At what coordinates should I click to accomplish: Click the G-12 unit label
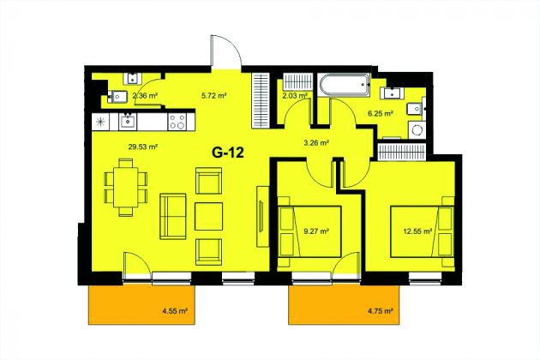(228, 152)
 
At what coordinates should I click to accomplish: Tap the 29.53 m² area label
(143, 147)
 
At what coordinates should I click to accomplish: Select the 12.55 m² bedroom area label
(417, 231)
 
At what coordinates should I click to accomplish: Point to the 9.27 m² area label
(316, 231)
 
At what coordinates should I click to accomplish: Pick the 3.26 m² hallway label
(316, 142)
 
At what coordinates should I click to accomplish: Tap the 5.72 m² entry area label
(214, 96)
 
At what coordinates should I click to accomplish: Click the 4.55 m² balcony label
(175, 311)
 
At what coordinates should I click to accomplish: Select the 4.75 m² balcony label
(381, 311)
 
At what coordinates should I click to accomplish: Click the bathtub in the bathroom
(345, 85)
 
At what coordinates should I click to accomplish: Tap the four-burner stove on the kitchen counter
(177, 122)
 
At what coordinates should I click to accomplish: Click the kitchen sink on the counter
(128, 122)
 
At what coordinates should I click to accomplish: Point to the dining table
(126, 187)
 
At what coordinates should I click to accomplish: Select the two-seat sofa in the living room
(173, 216)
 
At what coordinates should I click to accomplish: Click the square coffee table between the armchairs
(208, 216)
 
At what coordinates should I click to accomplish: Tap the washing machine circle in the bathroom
(417, 130)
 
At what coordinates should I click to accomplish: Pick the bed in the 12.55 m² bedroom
(422, 231)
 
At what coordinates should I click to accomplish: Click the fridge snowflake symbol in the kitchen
(100, 122)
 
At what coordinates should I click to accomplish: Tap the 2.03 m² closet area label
(295, 96)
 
